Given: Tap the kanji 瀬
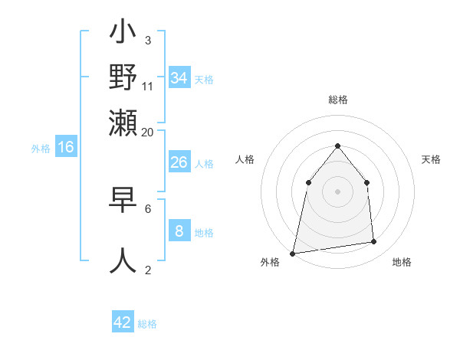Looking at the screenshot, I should point(123,122).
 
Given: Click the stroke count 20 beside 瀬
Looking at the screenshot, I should point(147,132).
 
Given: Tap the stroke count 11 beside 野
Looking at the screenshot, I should point(148,87).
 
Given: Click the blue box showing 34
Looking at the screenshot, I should point(179,78).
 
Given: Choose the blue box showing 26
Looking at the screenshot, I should point(179,162).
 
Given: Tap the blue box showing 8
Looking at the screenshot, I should point(179,231).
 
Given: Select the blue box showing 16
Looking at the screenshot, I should point(66,147).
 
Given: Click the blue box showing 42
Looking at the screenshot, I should point(123,322).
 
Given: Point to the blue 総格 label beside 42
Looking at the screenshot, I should point(147,324).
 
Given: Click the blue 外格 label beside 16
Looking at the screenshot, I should point(41,149).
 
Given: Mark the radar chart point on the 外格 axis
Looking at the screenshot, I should point(293,253).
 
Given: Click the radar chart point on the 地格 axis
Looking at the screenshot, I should point(374,242).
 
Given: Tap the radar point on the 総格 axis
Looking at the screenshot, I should point(337,146).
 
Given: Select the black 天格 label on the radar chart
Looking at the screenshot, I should point(431,159).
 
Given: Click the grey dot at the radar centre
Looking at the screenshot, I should point(337,191).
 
